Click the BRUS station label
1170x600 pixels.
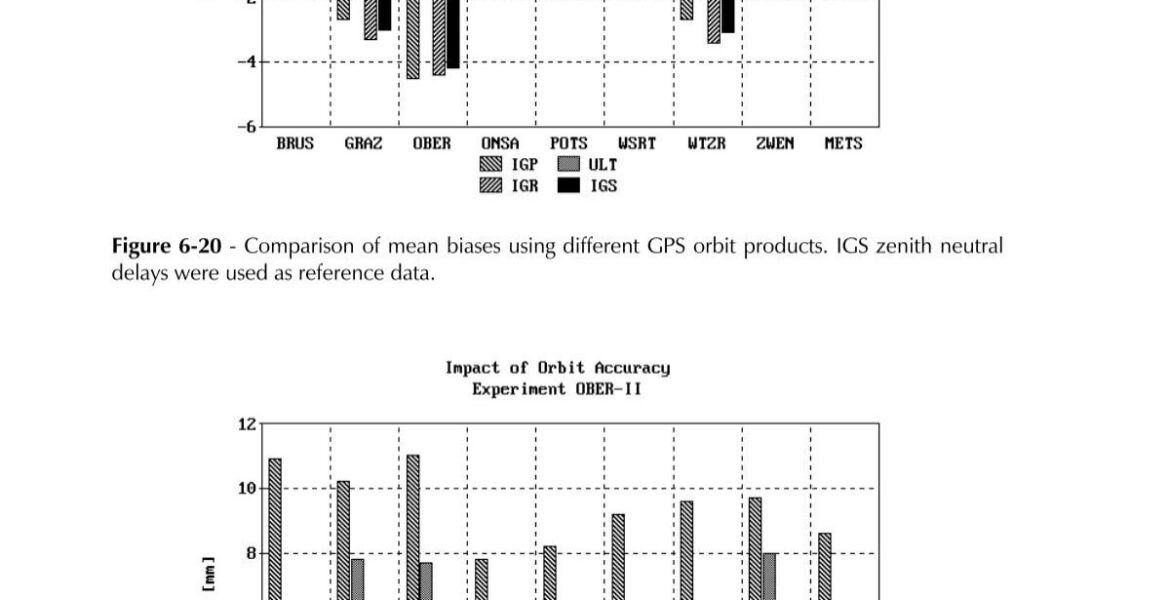tap(295, 144)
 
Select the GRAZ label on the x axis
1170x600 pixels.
tap(363, 144)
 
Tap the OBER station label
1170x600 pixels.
tap(432, 144)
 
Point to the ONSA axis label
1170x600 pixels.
tap(500, 144)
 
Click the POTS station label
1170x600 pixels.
tap(568, 144)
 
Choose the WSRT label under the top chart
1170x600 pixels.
tap(637, 144)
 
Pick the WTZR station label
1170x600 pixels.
tap(706, 144)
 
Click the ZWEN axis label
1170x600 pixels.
tap(774, 144)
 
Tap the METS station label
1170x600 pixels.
tap(843, 144)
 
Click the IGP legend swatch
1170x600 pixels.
tap(492, 165)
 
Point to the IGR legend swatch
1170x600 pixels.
tap(492, 185)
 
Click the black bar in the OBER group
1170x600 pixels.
tap(453, 35)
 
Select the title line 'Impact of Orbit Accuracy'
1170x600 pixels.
tap(557, 368)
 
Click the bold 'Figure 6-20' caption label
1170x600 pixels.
tap(166, 246)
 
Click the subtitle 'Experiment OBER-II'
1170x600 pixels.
tap(557, 389)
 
